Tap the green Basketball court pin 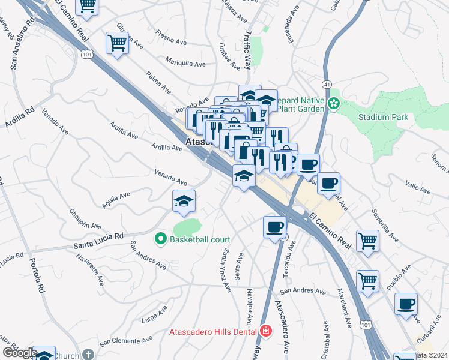click(x=160, y=239)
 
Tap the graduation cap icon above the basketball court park click(x=184, y=202)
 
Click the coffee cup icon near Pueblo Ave click(x=406, y=304)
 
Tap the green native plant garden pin click(x=334, y=104)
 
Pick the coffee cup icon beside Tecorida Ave click(x=274, y=227)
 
